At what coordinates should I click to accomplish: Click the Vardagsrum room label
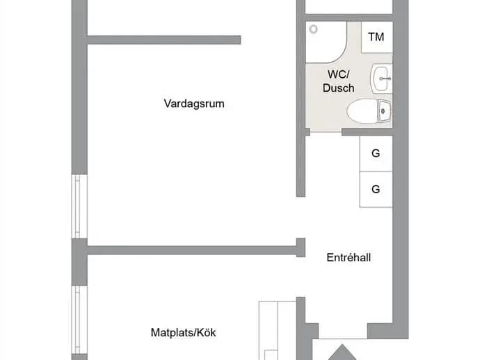194,104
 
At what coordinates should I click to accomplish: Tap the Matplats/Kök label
184,332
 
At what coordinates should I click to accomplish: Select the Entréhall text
349,258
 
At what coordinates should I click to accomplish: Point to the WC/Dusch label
339,81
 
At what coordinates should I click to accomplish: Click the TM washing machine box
377,37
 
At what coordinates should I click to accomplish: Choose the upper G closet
376,153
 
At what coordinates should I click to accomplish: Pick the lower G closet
376,189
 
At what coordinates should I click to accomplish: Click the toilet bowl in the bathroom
362,111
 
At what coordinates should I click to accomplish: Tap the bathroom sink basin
381,79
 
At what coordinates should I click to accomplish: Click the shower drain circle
313,29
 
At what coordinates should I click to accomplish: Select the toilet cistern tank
385,111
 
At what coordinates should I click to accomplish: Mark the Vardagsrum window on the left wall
79,206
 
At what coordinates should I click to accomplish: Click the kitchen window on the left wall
79,320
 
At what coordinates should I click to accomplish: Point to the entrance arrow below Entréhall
342,353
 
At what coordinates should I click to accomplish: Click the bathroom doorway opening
326,132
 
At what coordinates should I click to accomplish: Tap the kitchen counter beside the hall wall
278,330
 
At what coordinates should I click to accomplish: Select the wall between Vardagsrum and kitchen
192,250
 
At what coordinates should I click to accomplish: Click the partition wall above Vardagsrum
164,40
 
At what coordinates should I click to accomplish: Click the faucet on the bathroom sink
385,79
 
